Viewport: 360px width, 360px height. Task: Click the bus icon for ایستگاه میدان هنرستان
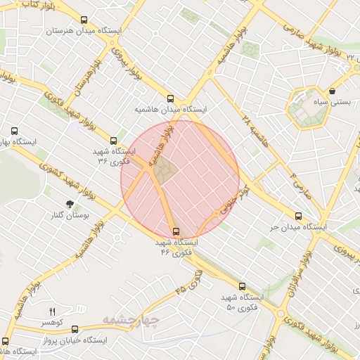point(84,20)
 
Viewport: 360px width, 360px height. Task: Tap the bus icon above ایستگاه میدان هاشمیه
point(171,99)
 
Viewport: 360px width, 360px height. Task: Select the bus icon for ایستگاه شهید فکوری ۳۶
point(114,141)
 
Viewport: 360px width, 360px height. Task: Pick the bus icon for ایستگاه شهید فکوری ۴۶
point(176,231)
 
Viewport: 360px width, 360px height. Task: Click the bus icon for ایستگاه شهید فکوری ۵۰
point(243,287)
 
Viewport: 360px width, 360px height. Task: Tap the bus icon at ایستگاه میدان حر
point(299,217)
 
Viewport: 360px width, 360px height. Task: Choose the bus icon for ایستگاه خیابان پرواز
point(75,329)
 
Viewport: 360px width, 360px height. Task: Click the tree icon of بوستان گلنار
point(69,204)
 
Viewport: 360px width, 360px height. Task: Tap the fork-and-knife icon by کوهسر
point(51,311)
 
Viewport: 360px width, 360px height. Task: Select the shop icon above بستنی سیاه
point(332,91)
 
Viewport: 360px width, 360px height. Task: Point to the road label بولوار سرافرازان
point(288,281)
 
